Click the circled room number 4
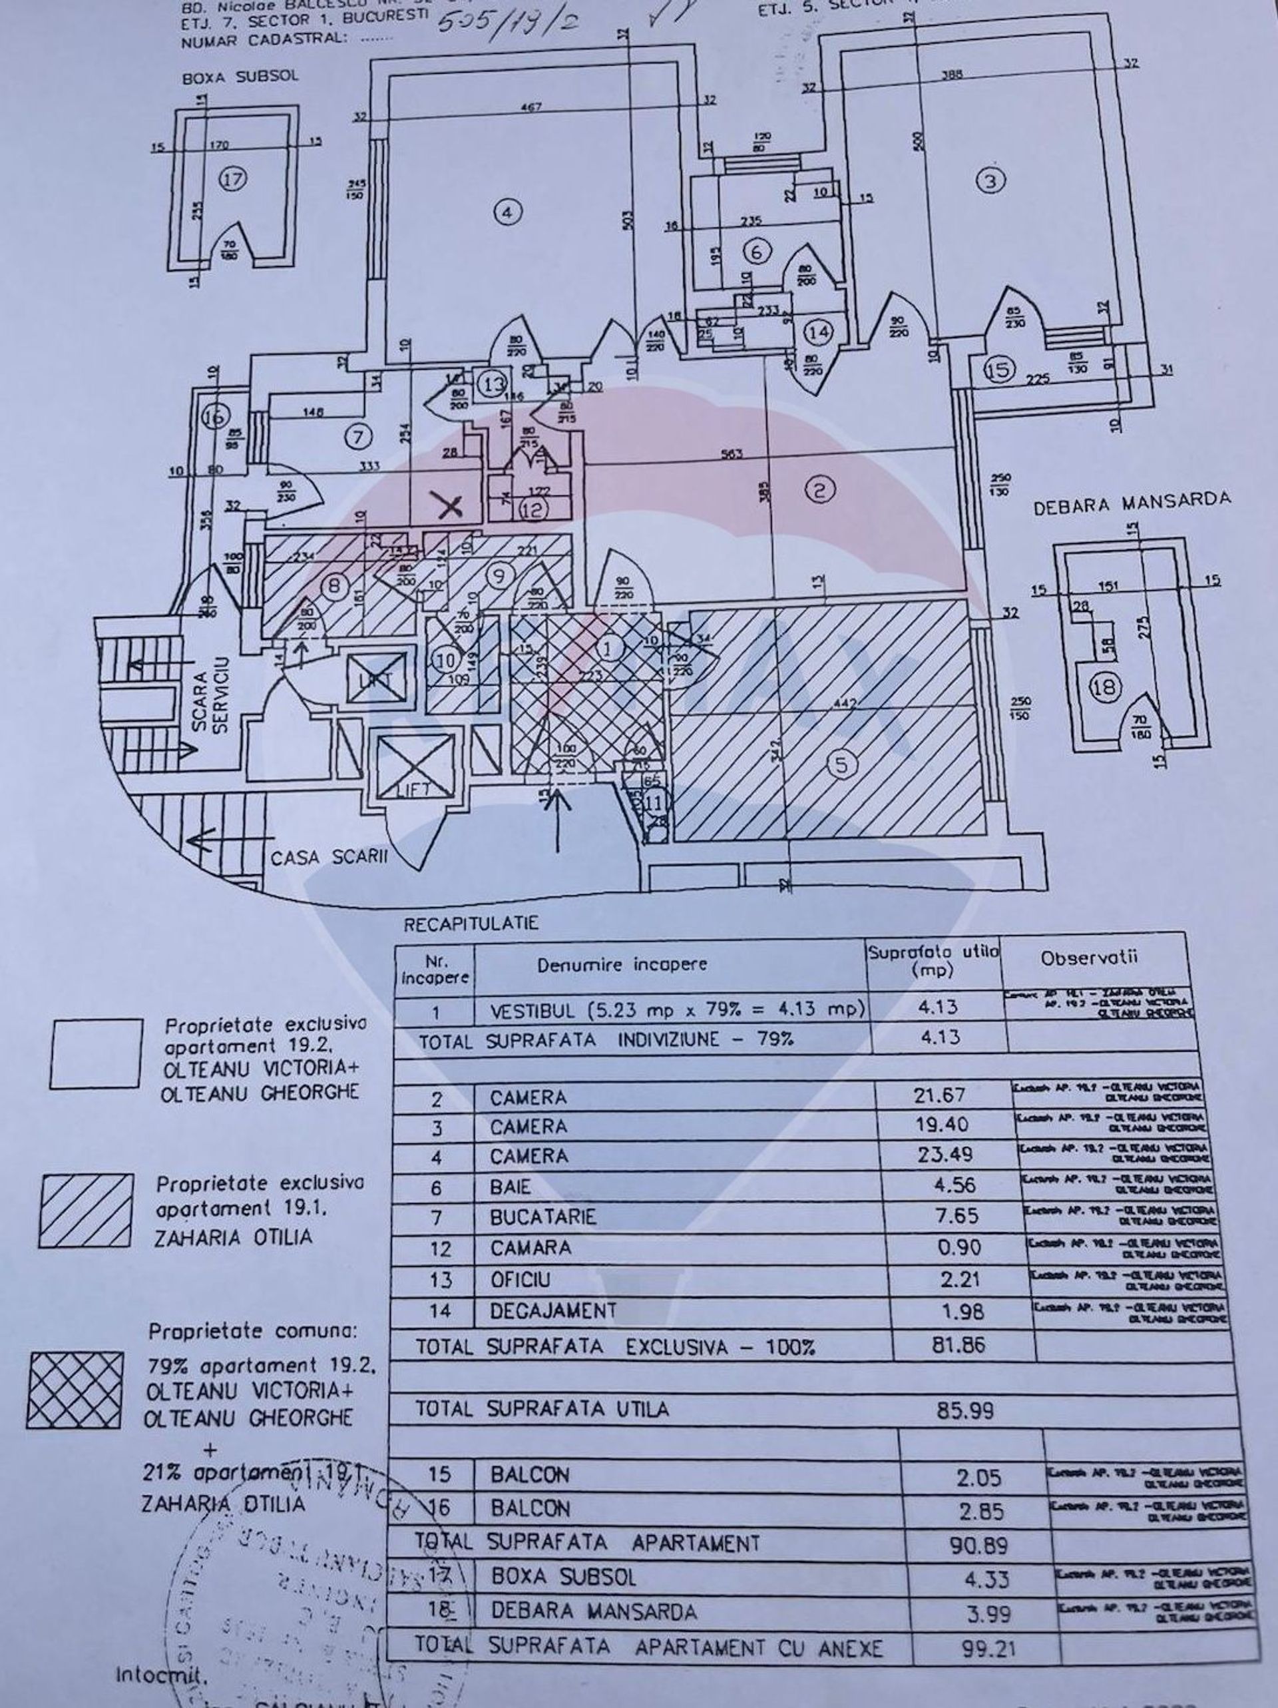click(507, 212)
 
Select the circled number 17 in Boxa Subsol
click(233, 179)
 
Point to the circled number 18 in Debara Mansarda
click(1105, 687)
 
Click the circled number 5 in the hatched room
click(841, 764)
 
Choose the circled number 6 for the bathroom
click(756, 251)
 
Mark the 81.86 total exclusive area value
click(958, 1344)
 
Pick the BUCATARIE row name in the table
click(542, 1217)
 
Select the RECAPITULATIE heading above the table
click(471, 924)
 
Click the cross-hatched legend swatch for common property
click(75, 1389)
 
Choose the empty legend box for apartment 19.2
click(97, 1053)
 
